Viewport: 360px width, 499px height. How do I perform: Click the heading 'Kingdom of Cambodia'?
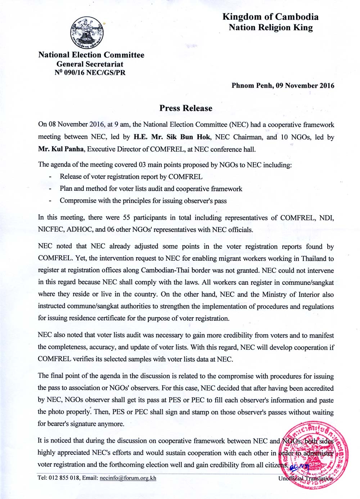[x=270, y=17]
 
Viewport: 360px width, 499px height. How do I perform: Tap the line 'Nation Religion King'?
[x=271, y=28]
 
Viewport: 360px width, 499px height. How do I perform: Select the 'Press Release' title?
[x=186, y=108]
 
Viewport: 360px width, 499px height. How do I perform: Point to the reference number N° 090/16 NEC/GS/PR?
[x=90, y=73]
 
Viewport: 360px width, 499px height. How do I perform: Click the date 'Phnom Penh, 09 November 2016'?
[x=283, y=86]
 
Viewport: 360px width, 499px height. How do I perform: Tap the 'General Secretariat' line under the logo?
[x=90, y=64]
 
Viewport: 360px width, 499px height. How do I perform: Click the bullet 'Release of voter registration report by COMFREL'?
[x=131, y=177]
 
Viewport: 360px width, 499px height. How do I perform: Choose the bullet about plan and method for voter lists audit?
[x=151, y=189]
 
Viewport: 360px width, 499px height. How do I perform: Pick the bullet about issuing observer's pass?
[x=143, y=201]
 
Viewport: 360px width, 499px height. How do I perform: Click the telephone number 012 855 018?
[x=64, y=478]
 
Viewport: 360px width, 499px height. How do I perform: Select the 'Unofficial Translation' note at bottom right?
[x=305, y=478]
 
